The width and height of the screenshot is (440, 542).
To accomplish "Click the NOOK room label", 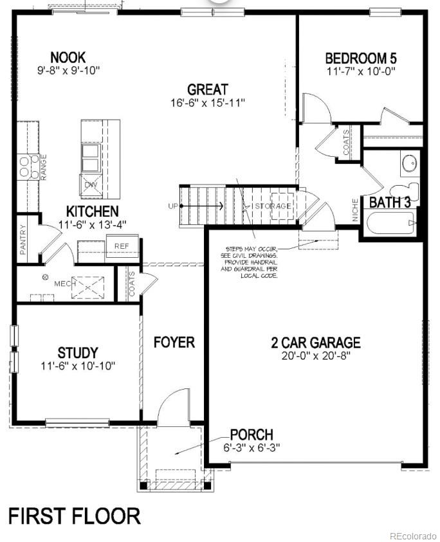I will [68, 57].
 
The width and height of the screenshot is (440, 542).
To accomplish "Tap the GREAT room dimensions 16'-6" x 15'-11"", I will [208, 103].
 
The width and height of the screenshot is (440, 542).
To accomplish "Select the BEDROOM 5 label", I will [360, 59].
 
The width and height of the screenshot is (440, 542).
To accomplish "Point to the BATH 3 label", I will [390, 203].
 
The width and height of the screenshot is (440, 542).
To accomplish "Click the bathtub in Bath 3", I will [390, 224].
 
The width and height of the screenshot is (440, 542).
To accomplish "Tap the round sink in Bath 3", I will [410, 163].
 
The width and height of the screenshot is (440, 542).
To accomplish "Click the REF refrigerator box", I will [122, 246].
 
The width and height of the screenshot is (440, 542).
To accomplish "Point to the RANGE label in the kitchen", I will [44, 167].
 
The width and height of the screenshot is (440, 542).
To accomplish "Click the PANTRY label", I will [23, 239].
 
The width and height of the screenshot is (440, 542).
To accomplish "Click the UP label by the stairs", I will [172, 206].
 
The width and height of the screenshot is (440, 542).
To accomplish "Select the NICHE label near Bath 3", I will [355, 210].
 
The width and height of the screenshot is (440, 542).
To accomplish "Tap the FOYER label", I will [174, 342].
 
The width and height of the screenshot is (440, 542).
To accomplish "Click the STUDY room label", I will [78, 352].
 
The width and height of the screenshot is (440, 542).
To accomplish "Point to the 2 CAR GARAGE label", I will [315, 343].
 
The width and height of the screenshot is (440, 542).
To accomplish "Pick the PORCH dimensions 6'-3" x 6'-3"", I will [252, 447].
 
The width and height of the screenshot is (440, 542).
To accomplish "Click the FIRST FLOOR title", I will [74, 516].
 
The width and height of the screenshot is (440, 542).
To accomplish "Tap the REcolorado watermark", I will [412, 536].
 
